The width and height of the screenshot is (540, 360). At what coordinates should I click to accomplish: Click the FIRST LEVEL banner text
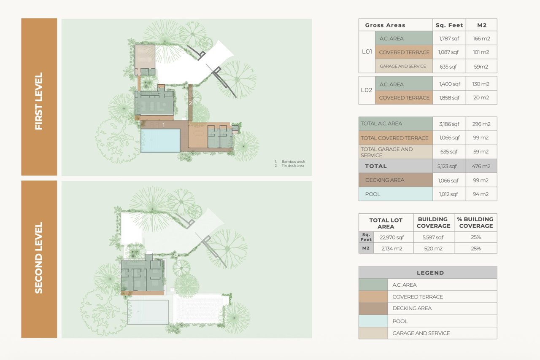click(x=39, y=101)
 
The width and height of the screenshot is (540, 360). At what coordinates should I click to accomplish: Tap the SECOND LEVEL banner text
click(x=39, y=258)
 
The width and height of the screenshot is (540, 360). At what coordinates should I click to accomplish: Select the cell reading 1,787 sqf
click(x=449, y=38)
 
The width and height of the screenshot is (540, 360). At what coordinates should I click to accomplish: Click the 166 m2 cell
click(x=481, y=38)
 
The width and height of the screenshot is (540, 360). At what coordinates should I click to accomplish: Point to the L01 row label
click(x=367, y=51)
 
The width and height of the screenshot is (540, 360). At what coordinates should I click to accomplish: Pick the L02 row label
click(x=367, y=90)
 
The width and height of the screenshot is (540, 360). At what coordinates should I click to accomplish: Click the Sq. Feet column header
click(x=449, y=25)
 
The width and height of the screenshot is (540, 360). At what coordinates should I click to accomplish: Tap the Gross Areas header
click(x=385, y=25)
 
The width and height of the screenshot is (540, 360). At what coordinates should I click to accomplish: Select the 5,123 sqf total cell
click(x=447, y=166)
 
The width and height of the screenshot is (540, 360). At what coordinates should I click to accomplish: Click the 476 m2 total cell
click(x=481, y=166)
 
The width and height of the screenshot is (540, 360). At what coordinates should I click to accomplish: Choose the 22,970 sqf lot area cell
click(x=392, y=237)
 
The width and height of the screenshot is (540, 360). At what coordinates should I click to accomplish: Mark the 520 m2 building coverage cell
click(x=433, y=248)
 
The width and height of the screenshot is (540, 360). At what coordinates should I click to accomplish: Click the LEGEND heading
click(x=430, y=273)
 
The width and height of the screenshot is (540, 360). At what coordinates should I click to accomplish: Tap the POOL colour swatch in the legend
click(x=373, y=321)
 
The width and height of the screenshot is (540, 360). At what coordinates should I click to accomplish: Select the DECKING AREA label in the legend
click(x=412, y=308)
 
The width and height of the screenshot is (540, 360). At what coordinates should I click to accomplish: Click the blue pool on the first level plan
click(x=161, y=141)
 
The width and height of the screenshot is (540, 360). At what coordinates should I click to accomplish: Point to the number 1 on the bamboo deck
click(x=163, y=125)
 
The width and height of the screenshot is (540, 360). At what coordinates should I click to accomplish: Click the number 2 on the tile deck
click(x=190, y=103)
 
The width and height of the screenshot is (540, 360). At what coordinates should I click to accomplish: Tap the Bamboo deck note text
click(x=293, y=161)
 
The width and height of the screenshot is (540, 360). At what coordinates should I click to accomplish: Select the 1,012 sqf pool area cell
click(x=448, y=194)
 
